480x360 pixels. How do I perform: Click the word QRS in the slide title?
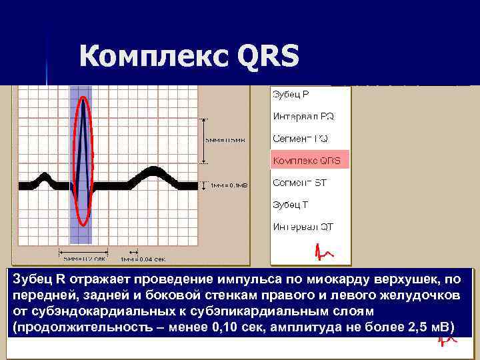pos(268,57)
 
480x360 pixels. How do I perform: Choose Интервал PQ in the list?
pos(303,116)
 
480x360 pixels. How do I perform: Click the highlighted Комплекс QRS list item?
pos(307,161)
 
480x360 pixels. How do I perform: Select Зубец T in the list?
pos(291,205)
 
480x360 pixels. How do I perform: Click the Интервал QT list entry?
pos(303,227)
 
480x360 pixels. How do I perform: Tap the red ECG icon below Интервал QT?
pos(325,252)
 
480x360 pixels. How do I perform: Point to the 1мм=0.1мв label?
pos(229,186)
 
